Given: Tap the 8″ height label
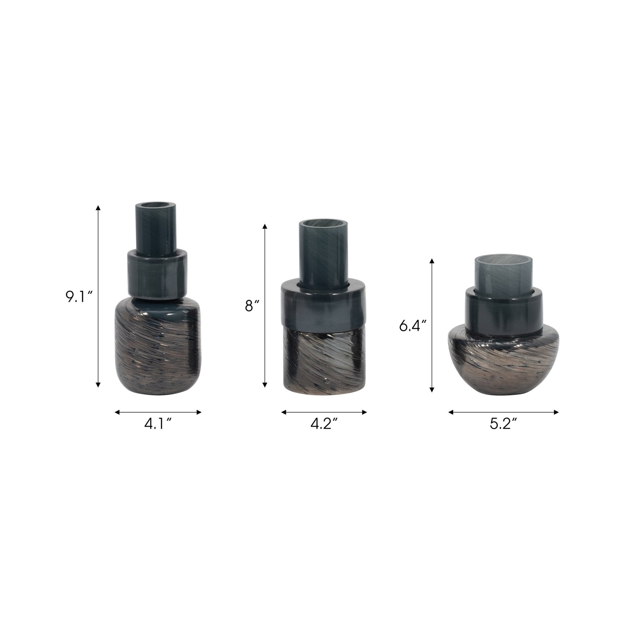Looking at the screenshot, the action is (252, 306).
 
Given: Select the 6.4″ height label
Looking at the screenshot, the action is (412, 326).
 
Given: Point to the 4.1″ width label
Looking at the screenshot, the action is (158, 424).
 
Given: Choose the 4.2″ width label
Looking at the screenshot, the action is (324, 424).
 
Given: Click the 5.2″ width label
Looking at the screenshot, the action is (503, 424).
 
